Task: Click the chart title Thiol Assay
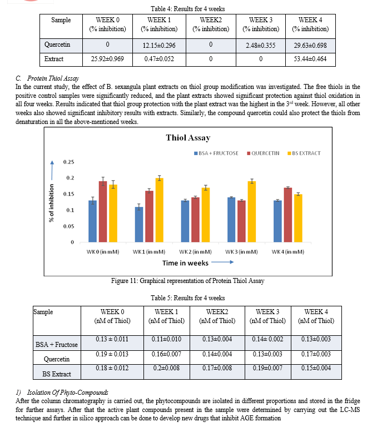pyautogui.click(x=188, y=138)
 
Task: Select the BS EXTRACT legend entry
pyautogui.click(x=304, y=153)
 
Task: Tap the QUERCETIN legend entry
pyautogui.click(x=263, y=153)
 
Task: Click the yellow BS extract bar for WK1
pyautogui.click(x=160, y=210)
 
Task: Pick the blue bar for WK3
pyautogui.click(x=231, y=220)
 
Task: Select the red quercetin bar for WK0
pyautogui.click(x=103, y=212)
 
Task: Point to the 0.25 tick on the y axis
pyautogui.click(x=68, y=162)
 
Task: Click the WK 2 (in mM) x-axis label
pyautogui.click(x=195, y=252)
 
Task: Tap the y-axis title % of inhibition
pyautogui.click(x=51, y=203)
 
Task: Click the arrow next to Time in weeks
pyautogui.click(x=222, y=262)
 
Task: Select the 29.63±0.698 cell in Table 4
pyautogui.click(x=310, y=46)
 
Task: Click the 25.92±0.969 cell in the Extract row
pyautogui.click(x=107, y=59)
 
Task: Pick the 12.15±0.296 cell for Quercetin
pyautogui.click(x=159, y=46)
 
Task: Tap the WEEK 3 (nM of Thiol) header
pyautogui.click(x=268, y=316)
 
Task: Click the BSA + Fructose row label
pyautogui.click(x=57, y=345)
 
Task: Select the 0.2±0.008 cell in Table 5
pyautogui.click(x=166, y=368)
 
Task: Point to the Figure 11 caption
pyautogui.click(x=188, y=281)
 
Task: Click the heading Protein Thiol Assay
pyautogui.click(x=53, y=78)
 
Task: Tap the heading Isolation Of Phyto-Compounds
pyautogui.click(x=67, y=393)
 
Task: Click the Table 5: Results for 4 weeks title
pyautogui.click(x=188, y=298)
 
